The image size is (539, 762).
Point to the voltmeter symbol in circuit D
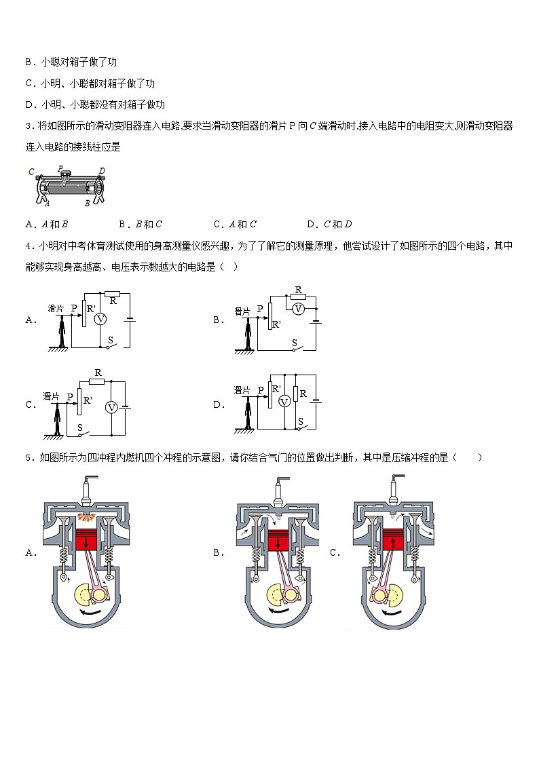[x=285, y=402]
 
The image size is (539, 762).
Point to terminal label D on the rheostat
[x=102, y=170]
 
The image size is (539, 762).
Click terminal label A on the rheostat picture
[x=46, y=202]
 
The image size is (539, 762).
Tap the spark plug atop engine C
[x=394, y=488]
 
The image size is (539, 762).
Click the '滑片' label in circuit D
[x=242, y=390]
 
